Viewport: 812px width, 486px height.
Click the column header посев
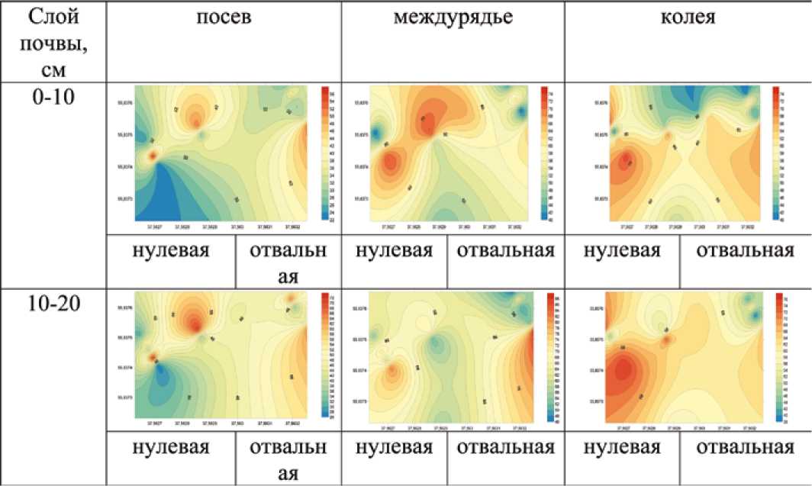223,18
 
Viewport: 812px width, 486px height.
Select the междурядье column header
453,18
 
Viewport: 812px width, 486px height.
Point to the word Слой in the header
53,17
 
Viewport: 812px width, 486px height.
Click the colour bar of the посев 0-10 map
324,153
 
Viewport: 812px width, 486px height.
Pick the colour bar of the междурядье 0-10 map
544,153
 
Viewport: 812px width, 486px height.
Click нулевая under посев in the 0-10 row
172,252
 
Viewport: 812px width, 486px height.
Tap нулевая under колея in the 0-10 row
623,252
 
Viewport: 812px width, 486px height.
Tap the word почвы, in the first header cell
53,43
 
